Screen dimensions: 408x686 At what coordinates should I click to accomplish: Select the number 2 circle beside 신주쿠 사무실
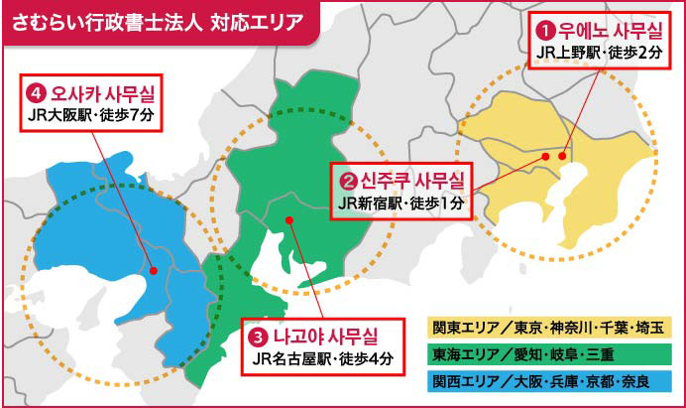348,182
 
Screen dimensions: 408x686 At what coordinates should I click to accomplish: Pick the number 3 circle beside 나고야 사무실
261,335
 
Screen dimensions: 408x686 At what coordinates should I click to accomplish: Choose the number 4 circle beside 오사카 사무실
38,93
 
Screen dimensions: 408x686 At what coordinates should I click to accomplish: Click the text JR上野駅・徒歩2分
599,51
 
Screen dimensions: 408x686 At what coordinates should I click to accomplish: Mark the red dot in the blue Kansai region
154,269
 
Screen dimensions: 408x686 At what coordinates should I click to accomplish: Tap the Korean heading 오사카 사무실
105,93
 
